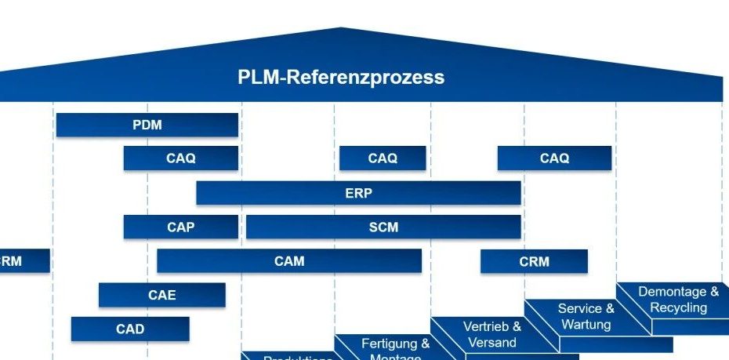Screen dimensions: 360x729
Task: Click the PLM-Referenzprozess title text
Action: pyautogui.click(x=341, y=78)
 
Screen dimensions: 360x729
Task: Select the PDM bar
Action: pyautogui.click(x=147, y=125)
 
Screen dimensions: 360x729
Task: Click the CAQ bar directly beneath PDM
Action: pyautogui.click(x=180, y=158)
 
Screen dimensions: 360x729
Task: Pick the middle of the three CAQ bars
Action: pyautogui.click(x=383, y=158)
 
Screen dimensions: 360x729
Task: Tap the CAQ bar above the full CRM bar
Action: pyautogui.click(x=554, y=158)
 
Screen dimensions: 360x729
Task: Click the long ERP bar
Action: pyautogui.click(x=358, y=193)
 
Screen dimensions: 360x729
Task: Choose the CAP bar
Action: pyautogui.click(x=180, y=227)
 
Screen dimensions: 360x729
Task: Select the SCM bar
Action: pyautogui.click(x=383, y=227)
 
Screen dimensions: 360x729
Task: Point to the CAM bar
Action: pyautogui.click(x=289, y=261)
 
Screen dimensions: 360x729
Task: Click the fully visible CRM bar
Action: pyautogui.click(x=534, y=261)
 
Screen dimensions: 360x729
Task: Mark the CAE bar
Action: pyautogui.click(x=161, y=295)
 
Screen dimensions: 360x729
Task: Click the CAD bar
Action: pyautogui.click(x=130, y=329)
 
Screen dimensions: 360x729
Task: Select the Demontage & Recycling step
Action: pyautogui.click(x=678, y=300)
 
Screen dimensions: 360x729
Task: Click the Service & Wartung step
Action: pyautogui.click(x=586, y=316)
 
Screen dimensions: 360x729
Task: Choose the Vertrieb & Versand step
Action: pyautogui.click(x=492, y=334)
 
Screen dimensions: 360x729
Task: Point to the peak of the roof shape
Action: pyautogui.click(x=341, y=29)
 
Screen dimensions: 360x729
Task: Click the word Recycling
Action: pyautogui.click(x=679, y=307)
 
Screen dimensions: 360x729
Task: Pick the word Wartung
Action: pyautogui.click(x=586, y=324)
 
